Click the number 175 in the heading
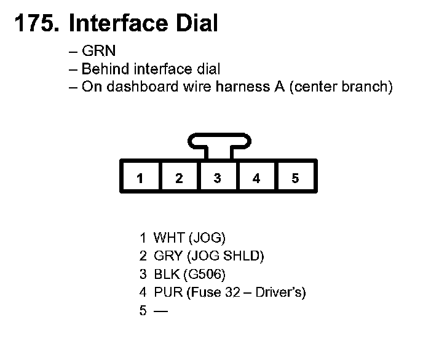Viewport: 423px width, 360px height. (x=36, y=23)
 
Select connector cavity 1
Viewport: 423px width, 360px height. (x=140, y=178)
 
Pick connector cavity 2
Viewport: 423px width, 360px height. (x=179, y=178)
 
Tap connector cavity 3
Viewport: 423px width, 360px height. (x=218, y=178)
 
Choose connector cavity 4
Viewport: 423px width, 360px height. (x=256, y=178)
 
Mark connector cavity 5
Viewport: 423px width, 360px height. (x=295, y=178)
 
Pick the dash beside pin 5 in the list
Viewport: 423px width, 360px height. (x=160, y=311)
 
